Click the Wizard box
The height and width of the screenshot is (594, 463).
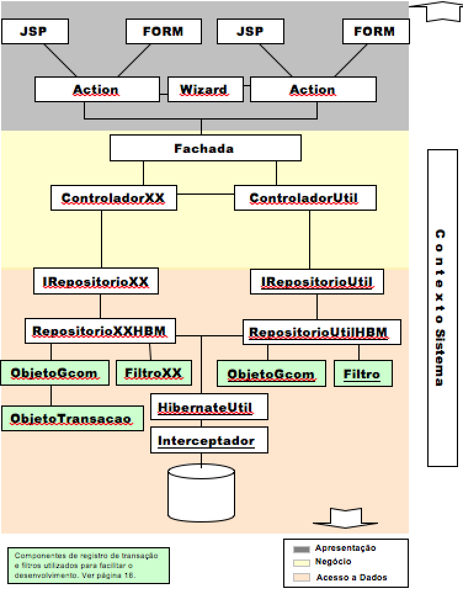pos(203,89)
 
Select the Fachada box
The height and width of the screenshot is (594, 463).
pos(205,148)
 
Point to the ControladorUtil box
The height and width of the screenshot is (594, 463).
pos(304,198)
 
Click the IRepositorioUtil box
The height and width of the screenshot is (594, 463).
pos(317,282)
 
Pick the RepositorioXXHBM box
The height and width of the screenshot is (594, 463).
pos(100,331)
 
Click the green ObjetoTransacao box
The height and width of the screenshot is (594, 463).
pos(71,418)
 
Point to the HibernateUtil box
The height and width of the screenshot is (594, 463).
pos(209,407)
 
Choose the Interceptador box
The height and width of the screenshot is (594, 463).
pos(209,441)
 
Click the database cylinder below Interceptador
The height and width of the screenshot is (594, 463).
pos(201,493)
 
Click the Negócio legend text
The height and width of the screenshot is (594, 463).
pos(333,562)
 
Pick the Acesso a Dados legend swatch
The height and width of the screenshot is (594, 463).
pos(302,577)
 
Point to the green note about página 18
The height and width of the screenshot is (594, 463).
pos(88,565)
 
